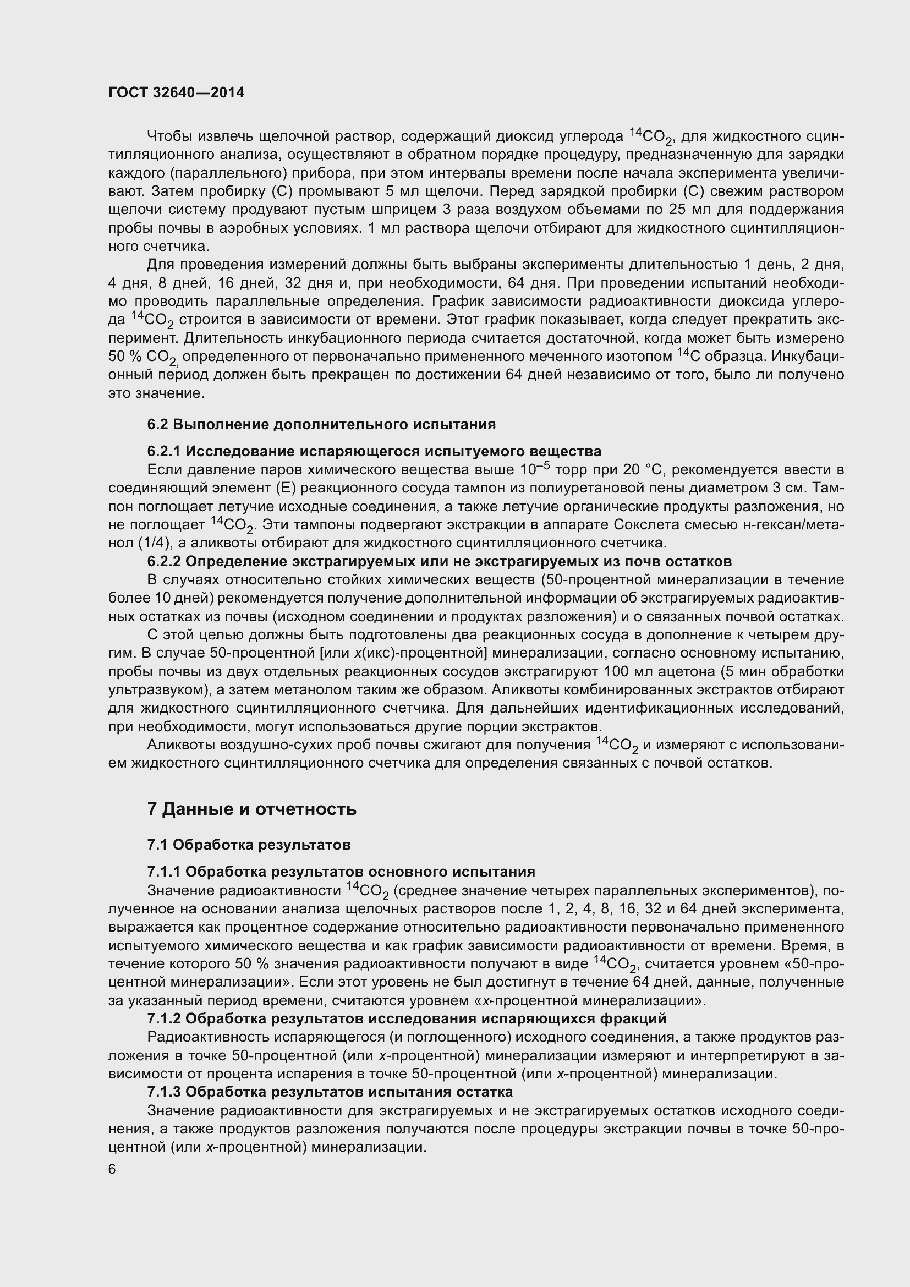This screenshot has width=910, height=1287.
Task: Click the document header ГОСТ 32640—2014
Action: tap(177, 93)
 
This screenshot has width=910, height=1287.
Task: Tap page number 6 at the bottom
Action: tap(112, 1170)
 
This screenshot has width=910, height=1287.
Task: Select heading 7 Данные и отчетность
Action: tap(251, 809)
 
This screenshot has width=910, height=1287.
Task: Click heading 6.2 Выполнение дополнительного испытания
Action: tap(321, 424)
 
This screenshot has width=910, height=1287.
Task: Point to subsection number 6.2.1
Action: tap(163, 451)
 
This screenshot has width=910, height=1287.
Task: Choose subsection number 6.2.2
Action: tap(163, 562)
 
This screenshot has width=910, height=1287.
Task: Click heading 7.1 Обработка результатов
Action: tap(249, 845)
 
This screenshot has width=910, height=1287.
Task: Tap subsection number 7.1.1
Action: tap(163, 872)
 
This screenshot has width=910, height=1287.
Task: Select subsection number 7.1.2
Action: tap(163, 1018)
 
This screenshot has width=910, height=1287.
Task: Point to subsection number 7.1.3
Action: tap(163, 1092)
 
